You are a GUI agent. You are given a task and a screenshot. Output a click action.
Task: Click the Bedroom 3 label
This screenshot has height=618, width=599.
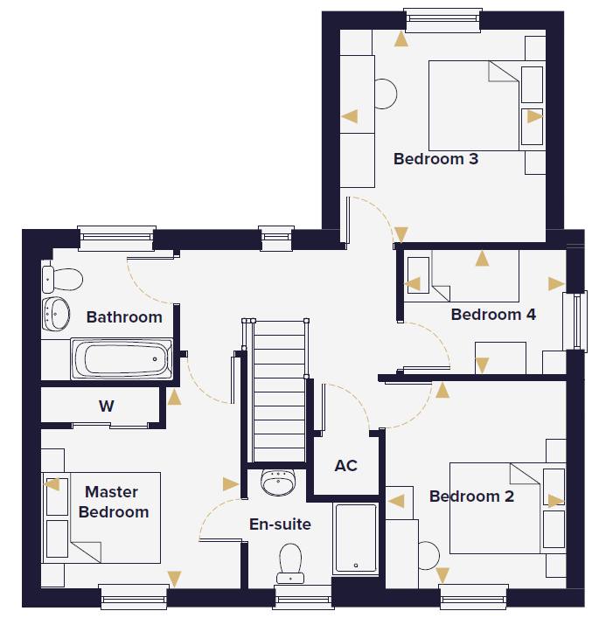tap(435, 159)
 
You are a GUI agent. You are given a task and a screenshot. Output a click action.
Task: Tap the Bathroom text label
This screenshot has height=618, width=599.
tap(124, 317)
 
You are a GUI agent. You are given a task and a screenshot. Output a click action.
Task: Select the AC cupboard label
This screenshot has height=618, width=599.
tap(345, 466)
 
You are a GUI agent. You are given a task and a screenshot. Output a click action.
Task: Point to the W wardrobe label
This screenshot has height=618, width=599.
tap(107, 406)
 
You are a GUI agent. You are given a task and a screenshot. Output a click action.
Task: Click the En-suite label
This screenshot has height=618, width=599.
tap(280, 524)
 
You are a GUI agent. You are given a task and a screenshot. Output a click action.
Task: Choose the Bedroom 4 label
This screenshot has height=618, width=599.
tap(493, 315)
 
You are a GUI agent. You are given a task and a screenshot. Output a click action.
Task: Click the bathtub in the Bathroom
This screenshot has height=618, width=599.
tap(122, 359)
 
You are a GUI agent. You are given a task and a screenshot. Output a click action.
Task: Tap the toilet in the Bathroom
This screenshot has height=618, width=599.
tap(62, 280)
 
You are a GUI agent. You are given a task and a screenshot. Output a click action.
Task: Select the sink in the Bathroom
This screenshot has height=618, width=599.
tap(56, 314)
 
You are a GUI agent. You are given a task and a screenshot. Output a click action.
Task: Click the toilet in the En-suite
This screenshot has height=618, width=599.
tap(290, 563)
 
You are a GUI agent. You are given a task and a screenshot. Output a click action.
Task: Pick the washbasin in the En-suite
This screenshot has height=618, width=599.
tap(278, 482)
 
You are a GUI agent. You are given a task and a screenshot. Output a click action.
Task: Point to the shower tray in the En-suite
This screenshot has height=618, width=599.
tap(355, 538)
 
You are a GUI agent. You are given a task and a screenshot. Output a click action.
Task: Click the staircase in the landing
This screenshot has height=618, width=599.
tap(279, 390)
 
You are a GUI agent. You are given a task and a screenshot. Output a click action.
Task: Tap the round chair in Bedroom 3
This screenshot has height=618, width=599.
tap(386, 94)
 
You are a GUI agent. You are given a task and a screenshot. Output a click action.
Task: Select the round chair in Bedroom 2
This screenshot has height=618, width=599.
tap(428, 555)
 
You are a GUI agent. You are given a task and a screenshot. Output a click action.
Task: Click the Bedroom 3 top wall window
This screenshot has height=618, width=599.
tap(442, 20)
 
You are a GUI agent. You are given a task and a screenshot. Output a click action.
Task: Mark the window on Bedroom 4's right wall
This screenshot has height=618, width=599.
tap(575, 321)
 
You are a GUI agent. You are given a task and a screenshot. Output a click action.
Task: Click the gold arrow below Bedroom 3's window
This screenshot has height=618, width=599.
tap(401, 39)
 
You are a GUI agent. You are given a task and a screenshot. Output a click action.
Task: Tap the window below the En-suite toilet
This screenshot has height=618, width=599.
tap(303, 598)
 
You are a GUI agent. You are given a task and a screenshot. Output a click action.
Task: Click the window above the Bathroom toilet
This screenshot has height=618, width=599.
tap(116, 238)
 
